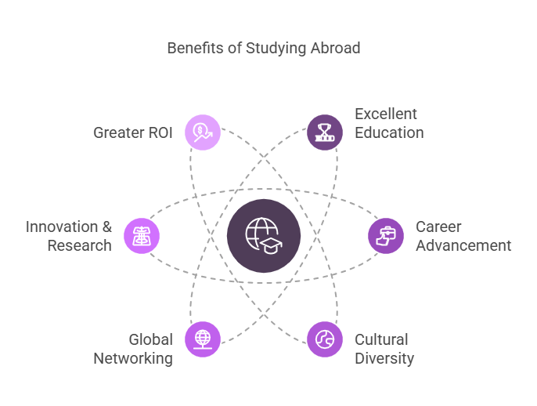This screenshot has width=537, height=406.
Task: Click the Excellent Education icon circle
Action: tap(324, 132)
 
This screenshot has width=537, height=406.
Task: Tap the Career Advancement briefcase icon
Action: tap(386, 236)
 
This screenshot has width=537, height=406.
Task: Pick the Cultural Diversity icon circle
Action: tap(324, 339)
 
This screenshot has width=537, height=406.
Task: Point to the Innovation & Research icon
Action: tap(142, 236)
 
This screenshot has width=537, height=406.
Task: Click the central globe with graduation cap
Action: tap(264, 236)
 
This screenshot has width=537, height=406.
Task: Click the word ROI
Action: tap(158, 132)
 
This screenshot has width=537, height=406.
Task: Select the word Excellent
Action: tap(386, 114)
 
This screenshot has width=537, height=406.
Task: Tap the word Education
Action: tap(389, 132)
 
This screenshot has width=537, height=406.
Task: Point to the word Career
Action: tap(438, 227)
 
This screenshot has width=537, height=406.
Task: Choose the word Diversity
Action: tap(384, 358)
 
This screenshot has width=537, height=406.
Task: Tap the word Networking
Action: tap(133, 358)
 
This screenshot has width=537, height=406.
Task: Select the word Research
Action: tap(79, 245)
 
